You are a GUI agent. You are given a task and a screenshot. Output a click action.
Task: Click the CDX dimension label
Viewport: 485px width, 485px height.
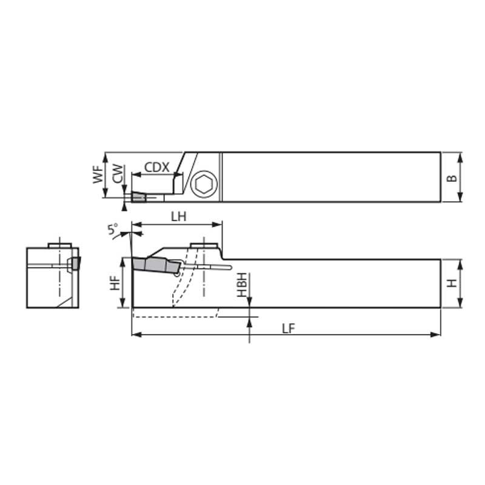click(157, 167)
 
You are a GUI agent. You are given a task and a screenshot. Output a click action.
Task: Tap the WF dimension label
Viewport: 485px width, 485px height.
click(98, 175)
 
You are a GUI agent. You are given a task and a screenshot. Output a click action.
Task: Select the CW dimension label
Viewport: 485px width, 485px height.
click(118, 173)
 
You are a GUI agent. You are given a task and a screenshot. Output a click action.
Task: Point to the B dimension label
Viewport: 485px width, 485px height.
click(452, 178)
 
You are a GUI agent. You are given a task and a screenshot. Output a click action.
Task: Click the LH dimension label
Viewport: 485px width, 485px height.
click(179, 217)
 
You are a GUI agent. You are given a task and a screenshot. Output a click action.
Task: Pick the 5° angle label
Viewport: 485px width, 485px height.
click(113, 229)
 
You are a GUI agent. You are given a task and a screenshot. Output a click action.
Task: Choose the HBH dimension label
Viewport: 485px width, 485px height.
click(242, 285)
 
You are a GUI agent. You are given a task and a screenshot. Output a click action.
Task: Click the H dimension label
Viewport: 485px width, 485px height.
click(452, 283)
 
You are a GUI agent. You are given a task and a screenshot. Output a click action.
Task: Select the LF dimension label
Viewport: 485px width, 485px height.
click(289, 329)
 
